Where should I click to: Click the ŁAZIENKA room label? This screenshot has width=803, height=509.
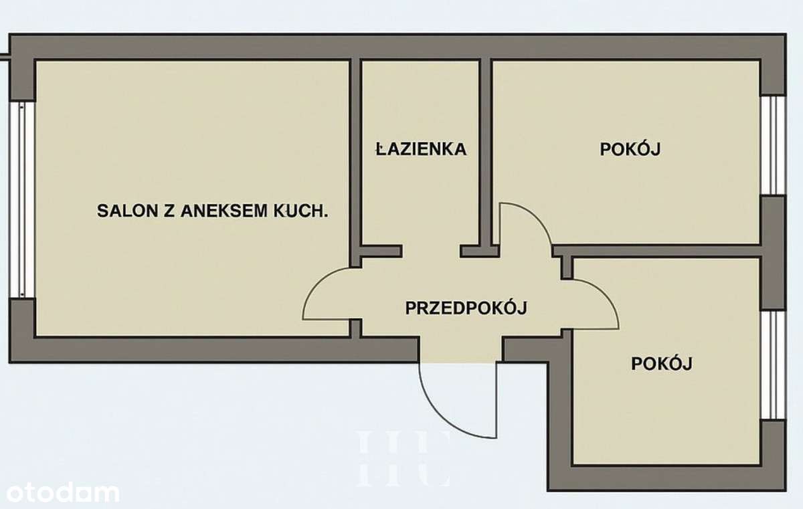420,148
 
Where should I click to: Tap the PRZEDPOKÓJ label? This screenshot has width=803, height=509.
467,308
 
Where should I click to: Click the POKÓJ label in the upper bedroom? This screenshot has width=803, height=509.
630,148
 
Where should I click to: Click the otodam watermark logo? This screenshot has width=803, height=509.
60,493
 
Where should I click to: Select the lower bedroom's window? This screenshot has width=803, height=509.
773,365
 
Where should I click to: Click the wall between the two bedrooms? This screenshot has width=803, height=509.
662,251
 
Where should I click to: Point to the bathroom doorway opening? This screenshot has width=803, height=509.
430,251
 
